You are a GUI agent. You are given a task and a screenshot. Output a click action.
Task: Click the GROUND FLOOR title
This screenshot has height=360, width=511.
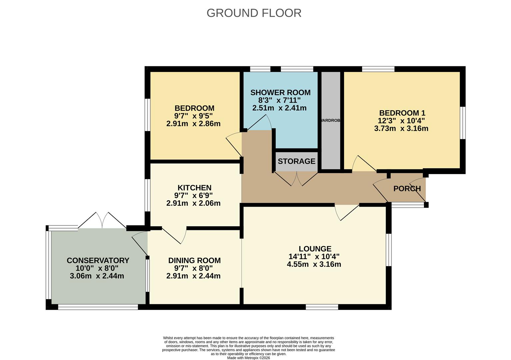254,13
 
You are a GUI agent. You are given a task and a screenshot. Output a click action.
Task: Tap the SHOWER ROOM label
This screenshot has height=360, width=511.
280,92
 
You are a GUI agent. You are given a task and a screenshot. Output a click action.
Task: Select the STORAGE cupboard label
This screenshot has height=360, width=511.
296,161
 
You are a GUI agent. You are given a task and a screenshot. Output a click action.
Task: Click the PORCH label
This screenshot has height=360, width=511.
407,189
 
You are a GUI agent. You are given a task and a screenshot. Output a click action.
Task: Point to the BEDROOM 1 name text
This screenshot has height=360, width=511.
402,113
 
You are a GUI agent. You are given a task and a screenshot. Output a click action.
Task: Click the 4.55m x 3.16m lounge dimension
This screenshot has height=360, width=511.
314,264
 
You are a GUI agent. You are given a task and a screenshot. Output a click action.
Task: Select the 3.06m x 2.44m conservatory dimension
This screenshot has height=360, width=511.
97,276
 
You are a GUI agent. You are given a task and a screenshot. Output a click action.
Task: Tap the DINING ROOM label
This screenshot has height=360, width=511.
194,260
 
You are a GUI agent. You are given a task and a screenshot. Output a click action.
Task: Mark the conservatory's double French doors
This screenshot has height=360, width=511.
102,220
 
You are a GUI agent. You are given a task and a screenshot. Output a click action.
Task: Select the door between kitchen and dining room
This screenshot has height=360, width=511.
174,235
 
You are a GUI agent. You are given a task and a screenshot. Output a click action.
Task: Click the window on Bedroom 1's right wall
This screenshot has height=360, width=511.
463,122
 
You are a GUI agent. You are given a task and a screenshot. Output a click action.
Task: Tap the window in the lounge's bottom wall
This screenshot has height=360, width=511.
322,307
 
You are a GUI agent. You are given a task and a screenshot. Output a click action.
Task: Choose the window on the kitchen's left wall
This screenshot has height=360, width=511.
147,195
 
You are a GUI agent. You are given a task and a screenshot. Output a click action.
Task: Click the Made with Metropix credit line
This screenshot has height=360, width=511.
248,358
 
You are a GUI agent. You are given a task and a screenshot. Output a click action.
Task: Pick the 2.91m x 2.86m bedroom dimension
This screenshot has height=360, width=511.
193,124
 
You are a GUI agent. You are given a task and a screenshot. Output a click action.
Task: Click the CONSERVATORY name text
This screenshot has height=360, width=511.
98,260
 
